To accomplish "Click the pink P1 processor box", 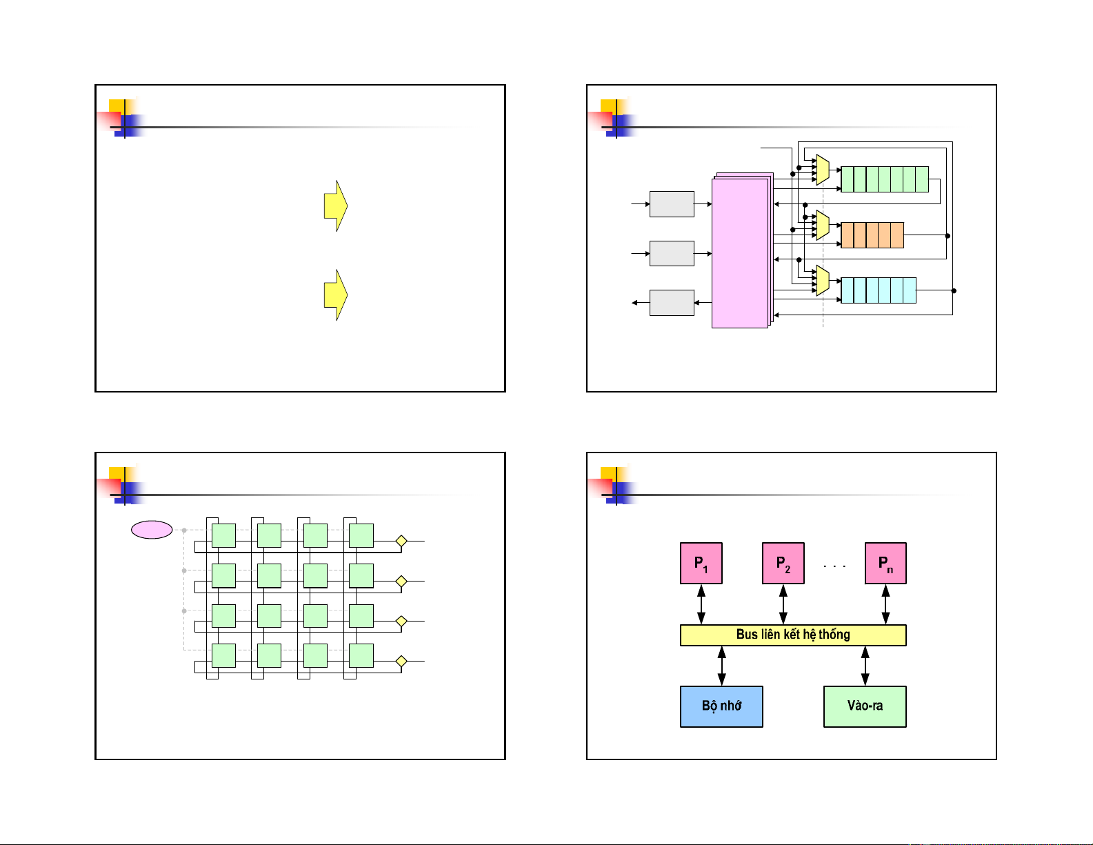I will pyautogui.click(x=701, y=563).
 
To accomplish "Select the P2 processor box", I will pyautogui.click(x=783, y=563).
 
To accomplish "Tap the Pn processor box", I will pyautogui.click(x=885, y=563).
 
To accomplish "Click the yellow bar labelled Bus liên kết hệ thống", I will pyautogui.click(x=793, y=635).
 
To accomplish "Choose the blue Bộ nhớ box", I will pyautogui.click(x=721, y=706).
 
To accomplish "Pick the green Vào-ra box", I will pyautogui.click(x=865, y=706).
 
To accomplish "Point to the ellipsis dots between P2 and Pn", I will pyautogui.click(x=834, y=566).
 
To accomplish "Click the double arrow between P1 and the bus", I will pyautogui.click(x=701, y=604).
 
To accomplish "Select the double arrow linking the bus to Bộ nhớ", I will pyautogui.click(x=721, y=666).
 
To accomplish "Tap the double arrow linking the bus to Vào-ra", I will pyautogui.click(x=865, y=666).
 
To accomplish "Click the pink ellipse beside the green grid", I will pyautogui.click(x=152, y=530).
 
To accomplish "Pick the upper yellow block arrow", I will pyautogui.click(x=336, y=206).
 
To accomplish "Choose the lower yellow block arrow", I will pyautogui.click(x=336, y=295).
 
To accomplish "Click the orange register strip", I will pyautogui.click(x=872, y=235).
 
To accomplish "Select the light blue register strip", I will pyautogui.click(x=879, y=290).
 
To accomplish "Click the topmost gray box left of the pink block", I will pyautogui.click(x=672, y=204).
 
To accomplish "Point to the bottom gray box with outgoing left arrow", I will pyautogui.click(x=672, y=303).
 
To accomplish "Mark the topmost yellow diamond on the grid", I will pyautogui.click(x=401, y=541).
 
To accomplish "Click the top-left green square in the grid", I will pyautogui.click(x=223, y=535).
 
